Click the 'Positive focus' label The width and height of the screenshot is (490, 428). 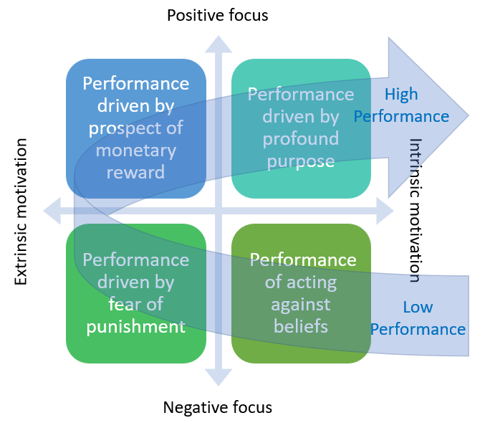click(218, 15)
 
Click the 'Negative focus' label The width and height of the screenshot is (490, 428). click(218, 408)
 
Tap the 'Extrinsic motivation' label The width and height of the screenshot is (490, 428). click(21, 213)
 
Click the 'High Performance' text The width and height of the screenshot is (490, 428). click(401, 105)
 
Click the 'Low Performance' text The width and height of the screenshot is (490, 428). click(418, 318)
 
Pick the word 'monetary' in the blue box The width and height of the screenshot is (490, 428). click(136, 151)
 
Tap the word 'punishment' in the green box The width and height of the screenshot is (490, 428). click(136, 327)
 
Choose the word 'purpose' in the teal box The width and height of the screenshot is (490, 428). click(300, 160)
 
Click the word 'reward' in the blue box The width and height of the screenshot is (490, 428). click(136, 172)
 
